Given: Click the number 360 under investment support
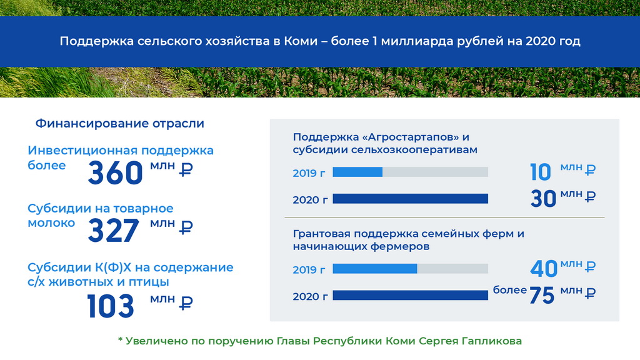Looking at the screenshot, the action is (116, 173).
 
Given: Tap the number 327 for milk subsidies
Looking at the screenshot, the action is (114, 231).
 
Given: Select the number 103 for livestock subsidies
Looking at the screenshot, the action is (111, 306).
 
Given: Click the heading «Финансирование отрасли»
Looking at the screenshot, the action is (119, 123).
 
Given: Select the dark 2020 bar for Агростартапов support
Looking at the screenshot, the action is (410, 199).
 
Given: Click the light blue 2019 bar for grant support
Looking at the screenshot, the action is (375, 269).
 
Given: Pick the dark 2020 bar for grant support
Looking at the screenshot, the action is (410, 295).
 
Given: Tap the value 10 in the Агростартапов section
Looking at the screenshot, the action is (541, 172).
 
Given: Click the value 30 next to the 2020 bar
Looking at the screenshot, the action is (543, 199).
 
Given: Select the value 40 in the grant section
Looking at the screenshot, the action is (544, 269).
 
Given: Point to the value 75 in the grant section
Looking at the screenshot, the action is (542, 295).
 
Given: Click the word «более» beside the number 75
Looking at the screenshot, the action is (510, 290).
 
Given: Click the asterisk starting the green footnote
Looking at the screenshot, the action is (121, 339).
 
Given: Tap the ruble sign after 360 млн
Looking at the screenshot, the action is (186, 169).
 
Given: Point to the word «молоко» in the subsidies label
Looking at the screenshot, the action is (51, 223).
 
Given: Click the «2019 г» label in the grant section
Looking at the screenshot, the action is (309, 270).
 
